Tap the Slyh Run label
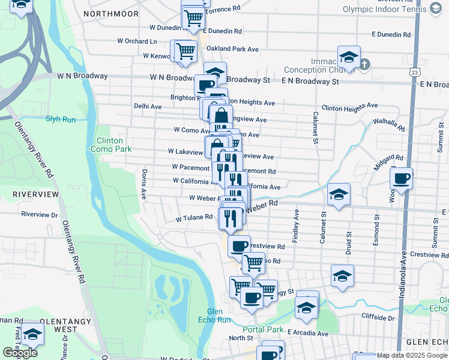click(61, 119)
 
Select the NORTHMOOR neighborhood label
click(111, 13)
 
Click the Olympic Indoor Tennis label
click(384, 9)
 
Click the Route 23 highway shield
click(415, 71)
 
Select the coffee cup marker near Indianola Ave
click(401, 178)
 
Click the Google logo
click(20, 353)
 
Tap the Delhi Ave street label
click(148, 106)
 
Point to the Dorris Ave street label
click(143, 185)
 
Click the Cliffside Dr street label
click(380, 316)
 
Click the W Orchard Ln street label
click(137, 41)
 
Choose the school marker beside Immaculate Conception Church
click(348, 58)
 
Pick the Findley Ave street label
click(295, 226)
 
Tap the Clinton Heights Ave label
click(349, 106)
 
